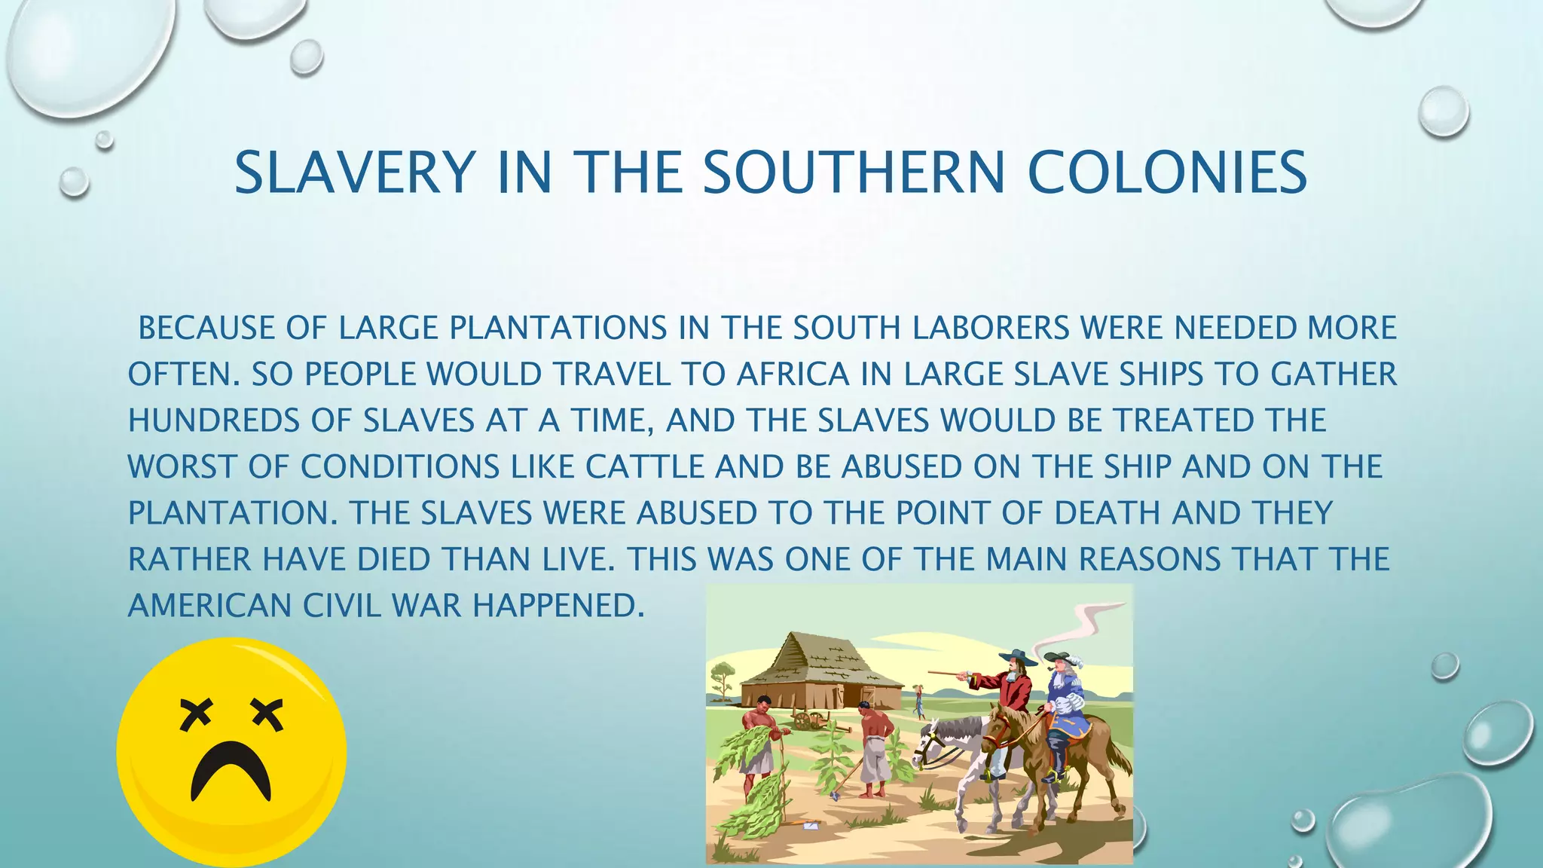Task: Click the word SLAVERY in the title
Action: [x=354, y=173]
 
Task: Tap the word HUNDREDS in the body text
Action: [x=214, y=420]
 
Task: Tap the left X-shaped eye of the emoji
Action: [x=197, y=714]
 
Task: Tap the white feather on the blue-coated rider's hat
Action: [x=1074, y=661]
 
